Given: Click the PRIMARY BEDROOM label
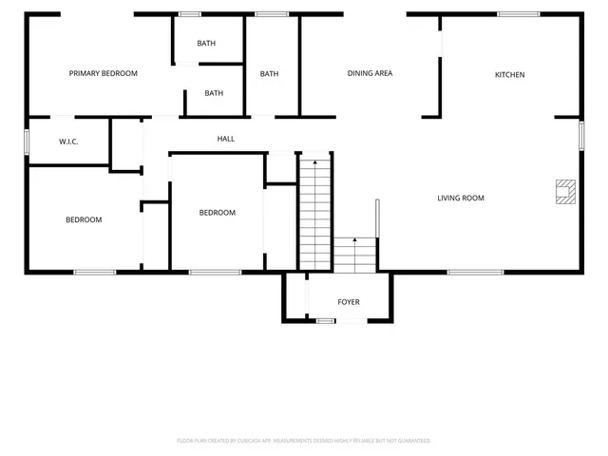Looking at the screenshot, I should coord(104,73).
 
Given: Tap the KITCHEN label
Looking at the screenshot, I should coord(509,74).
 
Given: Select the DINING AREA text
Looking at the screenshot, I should coord(370,73).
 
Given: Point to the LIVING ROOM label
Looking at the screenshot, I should coord(461,199).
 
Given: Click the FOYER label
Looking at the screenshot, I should coord(349,302).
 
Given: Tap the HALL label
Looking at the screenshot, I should coord(226,139).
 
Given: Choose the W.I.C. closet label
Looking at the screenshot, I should coord(68,142).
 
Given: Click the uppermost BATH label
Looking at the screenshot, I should coord(206,44).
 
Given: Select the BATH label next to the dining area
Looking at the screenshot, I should coord(270,74).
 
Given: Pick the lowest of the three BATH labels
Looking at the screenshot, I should coord(214,93).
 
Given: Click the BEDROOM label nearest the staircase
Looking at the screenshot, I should coord(217,213).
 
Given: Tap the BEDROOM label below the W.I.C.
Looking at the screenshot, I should coord(84,219).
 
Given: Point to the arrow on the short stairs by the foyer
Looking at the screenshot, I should coord(354,242).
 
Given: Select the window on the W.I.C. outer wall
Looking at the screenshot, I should coord(27,141).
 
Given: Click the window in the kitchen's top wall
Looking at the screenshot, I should coord(519,14).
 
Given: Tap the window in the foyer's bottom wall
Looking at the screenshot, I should coord(326,321).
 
